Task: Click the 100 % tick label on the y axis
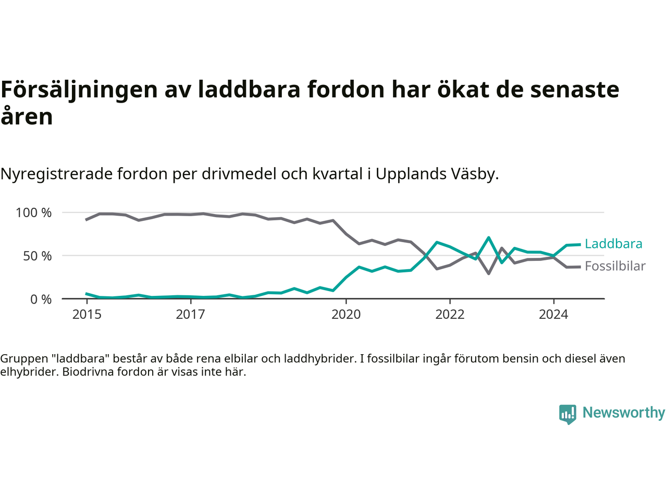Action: (34, 213)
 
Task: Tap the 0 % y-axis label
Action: (41, 299)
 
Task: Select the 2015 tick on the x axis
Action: (87, 315)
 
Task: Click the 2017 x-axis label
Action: (191, 315)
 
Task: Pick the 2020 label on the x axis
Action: (346, 315)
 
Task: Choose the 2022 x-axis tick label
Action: (450, 315)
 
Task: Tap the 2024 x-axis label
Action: (553, 315)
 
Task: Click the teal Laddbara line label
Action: (613, 244)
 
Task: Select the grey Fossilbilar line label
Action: (615, 266)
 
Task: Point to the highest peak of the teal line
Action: (488, 238)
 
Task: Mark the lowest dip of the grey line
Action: (488, 273)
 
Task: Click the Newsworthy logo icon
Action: (567, 414)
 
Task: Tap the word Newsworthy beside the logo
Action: (624, 413)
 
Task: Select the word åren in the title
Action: (27, 117)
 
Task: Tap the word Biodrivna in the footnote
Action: (87, 372)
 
